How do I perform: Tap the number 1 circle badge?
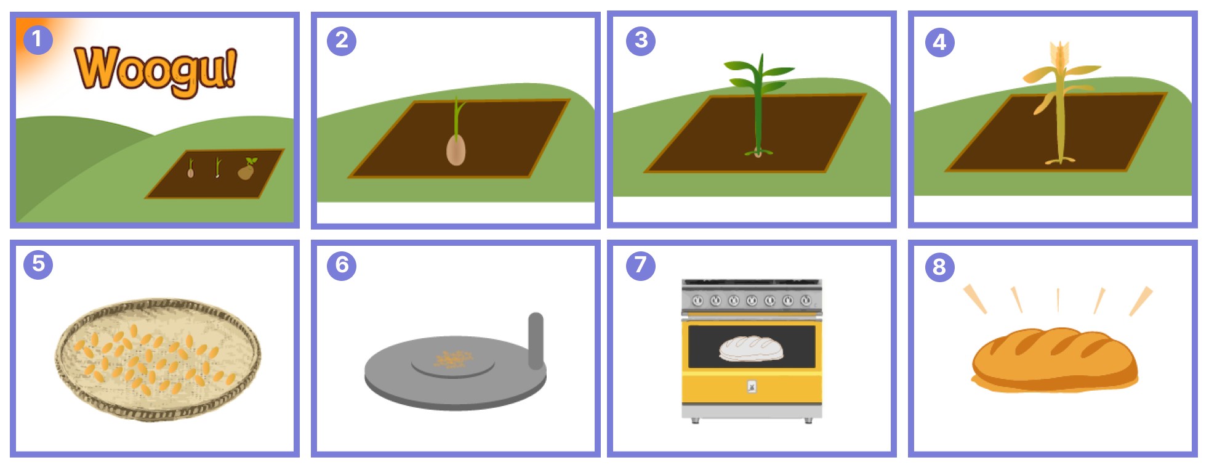coord(38,39)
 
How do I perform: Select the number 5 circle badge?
coord(38,264)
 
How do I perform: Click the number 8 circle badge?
coord(939,267)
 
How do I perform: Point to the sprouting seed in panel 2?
coord(456,148)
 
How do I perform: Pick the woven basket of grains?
coord(158,359)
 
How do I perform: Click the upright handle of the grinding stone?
coord(536,341)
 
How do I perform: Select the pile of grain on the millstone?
coord(452,359)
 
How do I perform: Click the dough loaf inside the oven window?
coord(751,348)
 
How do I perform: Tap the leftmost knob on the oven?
coord(697,301)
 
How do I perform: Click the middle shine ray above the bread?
coord(1058,299)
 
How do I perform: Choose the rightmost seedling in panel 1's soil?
coord(247,169)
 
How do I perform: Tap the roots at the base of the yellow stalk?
coord(1060,160)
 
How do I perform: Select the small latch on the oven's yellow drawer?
coord(752,387)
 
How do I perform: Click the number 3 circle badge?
coord(641,41)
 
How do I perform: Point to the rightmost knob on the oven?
coord(806,301)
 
